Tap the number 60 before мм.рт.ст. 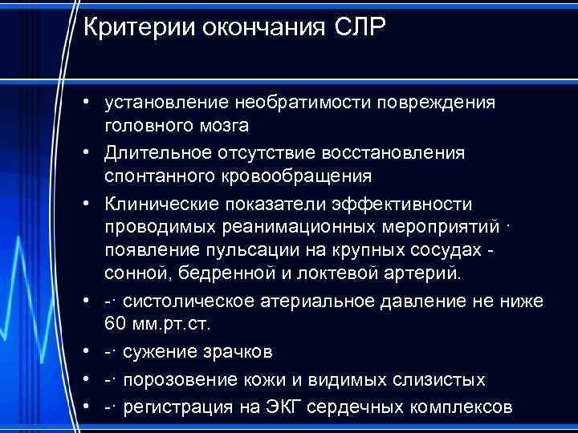click(114, 323)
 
